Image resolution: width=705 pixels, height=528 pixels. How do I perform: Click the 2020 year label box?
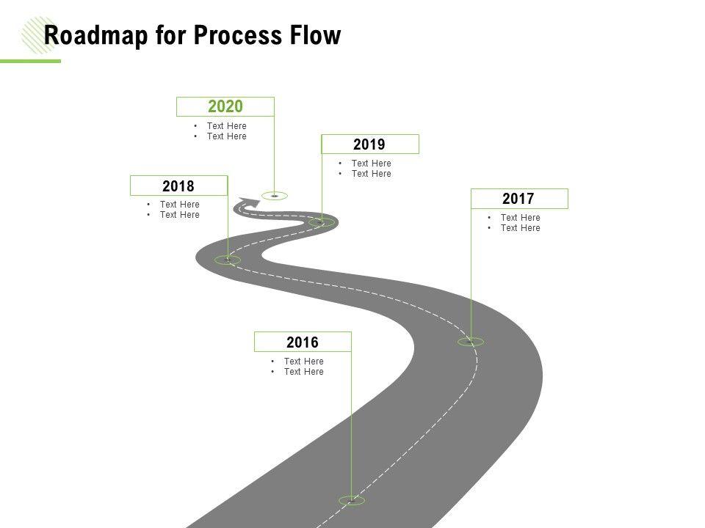pyautogui.click(x=225, y=107)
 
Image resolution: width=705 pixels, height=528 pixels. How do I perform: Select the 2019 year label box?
pyautogui.click(x=370, y=144)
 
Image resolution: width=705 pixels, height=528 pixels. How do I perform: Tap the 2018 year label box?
pyautogui.click(x=178, y=186)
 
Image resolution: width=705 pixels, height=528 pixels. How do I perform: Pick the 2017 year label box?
pyautogui.click(x=518, y=199)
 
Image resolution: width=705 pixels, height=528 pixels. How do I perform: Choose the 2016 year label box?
pyautogui.click(x=303, y=342)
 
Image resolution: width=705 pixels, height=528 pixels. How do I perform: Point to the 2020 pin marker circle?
pyautogui.click(x=275, y=196)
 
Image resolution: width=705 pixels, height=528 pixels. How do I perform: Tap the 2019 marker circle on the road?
pyautogui.click(x=321, y=221)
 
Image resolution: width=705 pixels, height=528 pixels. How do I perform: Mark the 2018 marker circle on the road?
pyautogui.click(x=228, y=260)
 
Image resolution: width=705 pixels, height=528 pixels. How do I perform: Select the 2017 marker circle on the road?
pyautogui.click(x=471, y=342)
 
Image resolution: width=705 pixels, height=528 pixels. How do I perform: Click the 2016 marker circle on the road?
pyautogui.click(x=352, y=500)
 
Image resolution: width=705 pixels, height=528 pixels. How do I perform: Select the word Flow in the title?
pyautogui.click(x=317, y=35)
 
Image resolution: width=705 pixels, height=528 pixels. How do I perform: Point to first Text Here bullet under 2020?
pyautogui.click(x=226, y=126)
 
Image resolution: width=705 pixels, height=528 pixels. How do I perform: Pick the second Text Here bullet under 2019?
pyautogui.click(x=371, y=174)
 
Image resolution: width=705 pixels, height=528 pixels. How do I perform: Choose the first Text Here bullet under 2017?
pyautogui.click(x=520, y=218)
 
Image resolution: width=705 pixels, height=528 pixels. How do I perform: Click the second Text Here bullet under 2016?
pyautogui.click(x=303, y=372)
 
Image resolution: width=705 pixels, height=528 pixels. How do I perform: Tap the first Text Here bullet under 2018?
pyautogui.click(x=179, y=205)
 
